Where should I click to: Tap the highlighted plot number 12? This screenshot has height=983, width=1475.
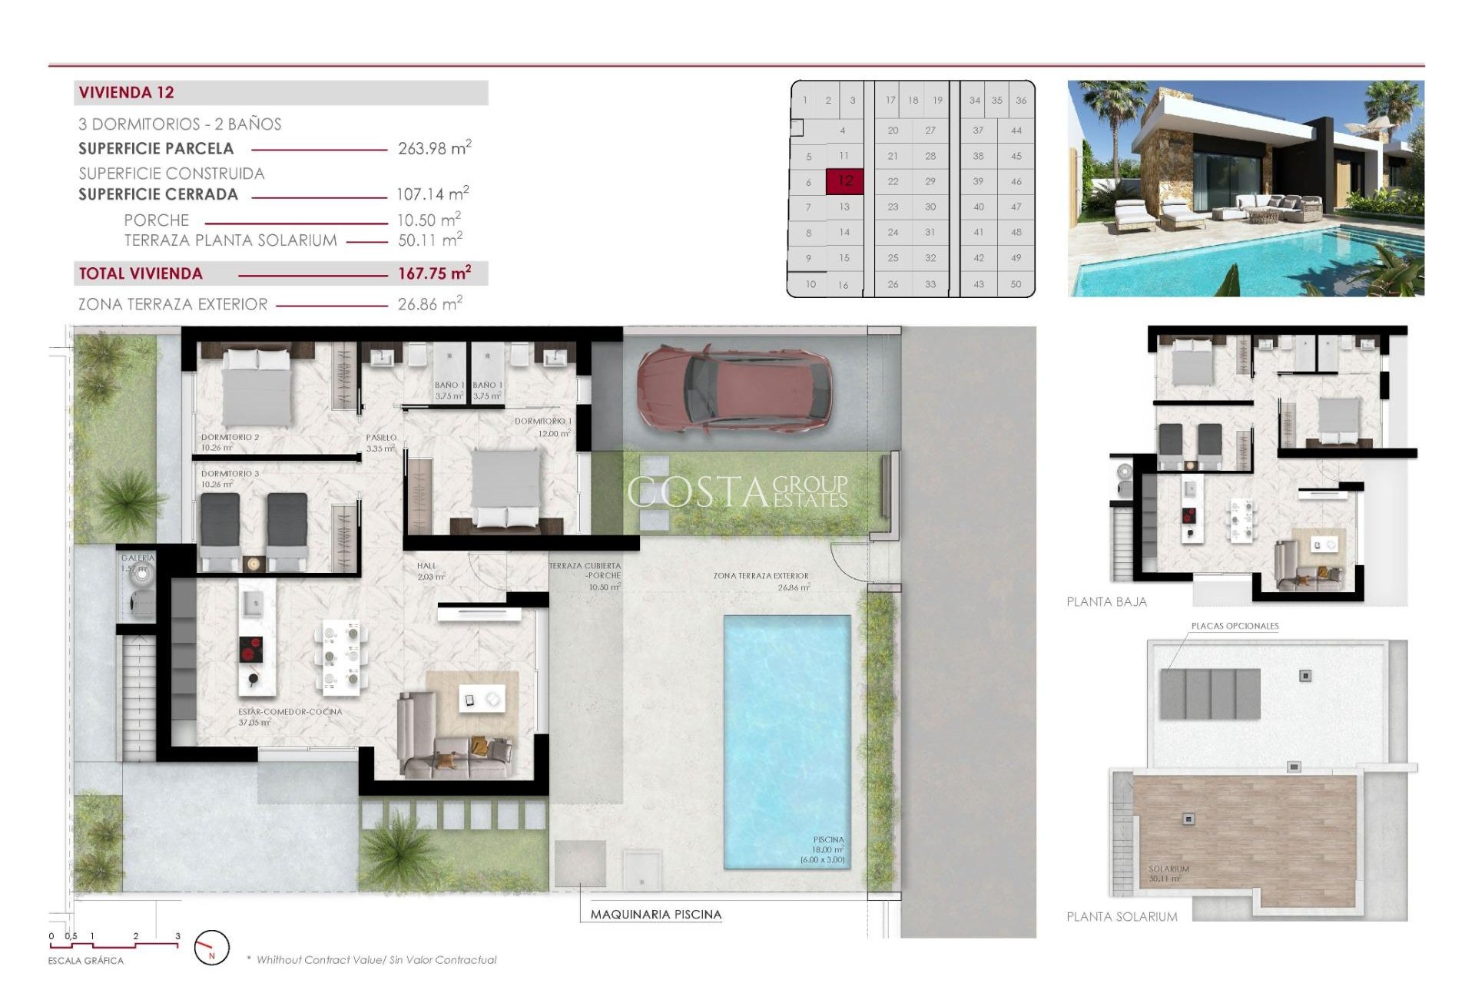click(845, 181)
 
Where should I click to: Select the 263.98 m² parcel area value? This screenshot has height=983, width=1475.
click(434, 148)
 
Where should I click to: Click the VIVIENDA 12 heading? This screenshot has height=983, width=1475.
click(127, 93)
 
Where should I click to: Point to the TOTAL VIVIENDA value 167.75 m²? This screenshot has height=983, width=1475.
click(434, 273)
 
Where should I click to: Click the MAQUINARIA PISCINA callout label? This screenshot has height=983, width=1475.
click(655, 914)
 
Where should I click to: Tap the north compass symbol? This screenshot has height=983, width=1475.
click(211, 948)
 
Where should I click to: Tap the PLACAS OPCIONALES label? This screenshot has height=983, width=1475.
click(1235, 626)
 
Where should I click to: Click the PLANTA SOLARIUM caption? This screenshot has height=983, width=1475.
click(1122, 916)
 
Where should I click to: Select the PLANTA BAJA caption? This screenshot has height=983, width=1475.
click(1106, 601)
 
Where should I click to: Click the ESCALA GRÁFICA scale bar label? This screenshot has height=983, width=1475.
click(85, 960)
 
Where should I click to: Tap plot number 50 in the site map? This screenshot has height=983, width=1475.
click(1016, 284)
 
